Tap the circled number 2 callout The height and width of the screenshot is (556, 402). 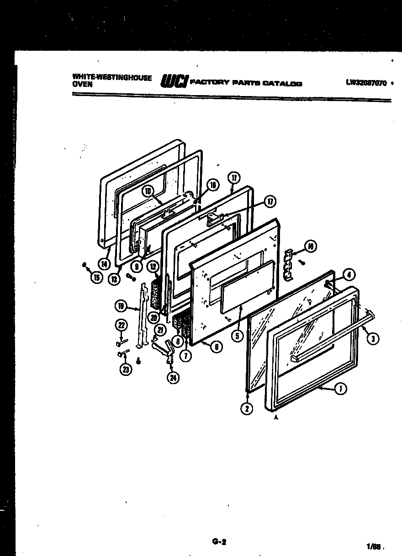click(x=247, y=408)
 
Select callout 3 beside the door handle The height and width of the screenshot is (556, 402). click(x=373, y=339)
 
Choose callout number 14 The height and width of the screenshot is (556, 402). click(x=105, y=263)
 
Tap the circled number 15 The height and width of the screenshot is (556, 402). click(x=96, y=278)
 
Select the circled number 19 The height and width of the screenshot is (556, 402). click(x=121, y=306)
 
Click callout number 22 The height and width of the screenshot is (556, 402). click(x=121, y=325)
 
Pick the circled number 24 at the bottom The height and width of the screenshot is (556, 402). click(x=173, y=378)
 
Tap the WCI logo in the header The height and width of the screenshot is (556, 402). click(x=174, y=82)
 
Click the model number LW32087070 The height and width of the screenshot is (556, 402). click(x=366, y=83)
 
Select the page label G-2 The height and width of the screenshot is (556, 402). click(x=219, y=543)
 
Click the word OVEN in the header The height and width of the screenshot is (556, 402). click(x=82, y=85)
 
